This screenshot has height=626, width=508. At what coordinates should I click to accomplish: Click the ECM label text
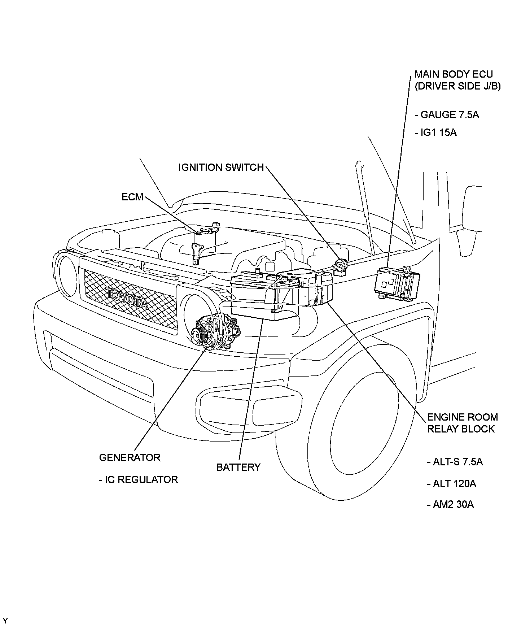click(132, 197)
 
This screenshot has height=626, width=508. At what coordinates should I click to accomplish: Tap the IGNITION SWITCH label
click(221, 168)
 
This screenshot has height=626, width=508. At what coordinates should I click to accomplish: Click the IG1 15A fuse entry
click(435, 133)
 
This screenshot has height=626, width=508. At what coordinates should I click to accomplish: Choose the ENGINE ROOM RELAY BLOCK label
click(462, 423)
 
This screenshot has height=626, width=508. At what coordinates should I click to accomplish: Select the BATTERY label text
click(238, 467)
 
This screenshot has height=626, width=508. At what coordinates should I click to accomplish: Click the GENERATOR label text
click(130, 457)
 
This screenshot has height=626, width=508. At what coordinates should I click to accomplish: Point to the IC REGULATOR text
click(138, 479)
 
